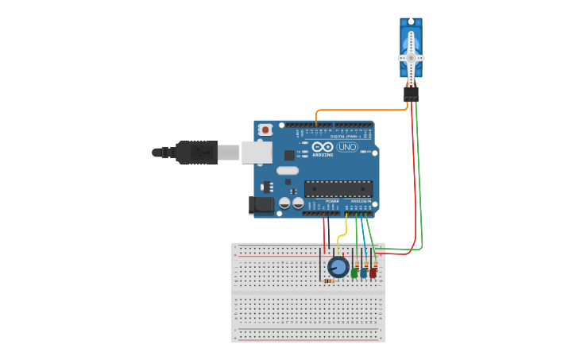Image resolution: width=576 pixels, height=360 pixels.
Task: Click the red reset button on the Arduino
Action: tap(265, 130)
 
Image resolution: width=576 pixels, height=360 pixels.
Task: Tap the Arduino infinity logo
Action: tap(323, 147)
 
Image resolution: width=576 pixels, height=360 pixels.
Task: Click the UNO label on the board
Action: tap(347, 147)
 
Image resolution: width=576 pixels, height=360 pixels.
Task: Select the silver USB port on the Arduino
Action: tap(256, 153)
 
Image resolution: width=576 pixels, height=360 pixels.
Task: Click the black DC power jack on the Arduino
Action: tap(261, 205)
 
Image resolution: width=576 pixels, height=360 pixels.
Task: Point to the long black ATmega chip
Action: tap(338, 189)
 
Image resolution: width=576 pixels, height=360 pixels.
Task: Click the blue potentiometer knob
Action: tap(338, 267)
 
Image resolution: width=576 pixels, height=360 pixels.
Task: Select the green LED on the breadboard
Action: tap(354, 273)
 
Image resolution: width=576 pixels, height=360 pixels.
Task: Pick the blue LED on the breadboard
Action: tap(363, 273)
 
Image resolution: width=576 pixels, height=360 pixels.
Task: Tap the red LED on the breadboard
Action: tap(373, 273)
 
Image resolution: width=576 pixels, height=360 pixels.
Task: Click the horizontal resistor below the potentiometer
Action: tap(328, 281)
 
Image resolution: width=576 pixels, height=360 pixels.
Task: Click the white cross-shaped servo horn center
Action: tap(411, 57)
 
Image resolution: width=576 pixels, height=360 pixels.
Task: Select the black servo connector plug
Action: tap(411, 94)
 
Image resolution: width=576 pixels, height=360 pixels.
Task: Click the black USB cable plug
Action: tap(195, 152)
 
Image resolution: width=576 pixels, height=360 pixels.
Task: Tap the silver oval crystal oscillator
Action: tap(288, 170)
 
